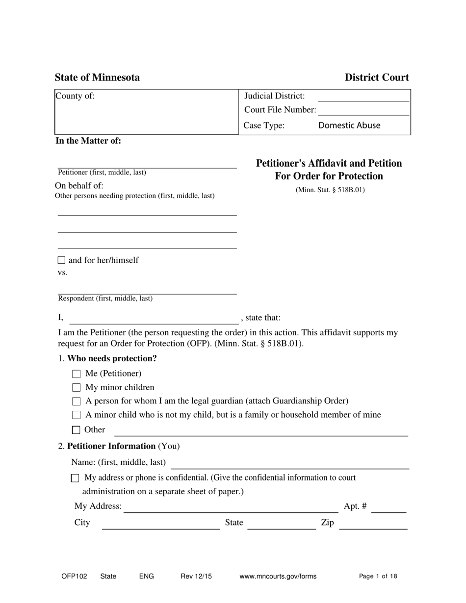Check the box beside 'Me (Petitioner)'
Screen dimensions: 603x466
click(x=76, y=374)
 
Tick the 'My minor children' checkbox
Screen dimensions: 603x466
click(x=76, y=388)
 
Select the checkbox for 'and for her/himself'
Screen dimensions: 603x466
click(x=61, y=260)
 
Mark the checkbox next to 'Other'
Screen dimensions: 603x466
click(x=76, y=430)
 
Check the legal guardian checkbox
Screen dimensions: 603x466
click(x=76, y=402)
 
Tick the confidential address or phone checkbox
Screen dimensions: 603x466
click(x=75, y=477)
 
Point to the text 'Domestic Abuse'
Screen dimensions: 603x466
click(x=349, y=126)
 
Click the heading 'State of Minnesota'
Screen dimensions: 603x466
click(x=97, y=77)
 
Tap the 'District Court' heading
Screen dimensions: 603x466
click(x=376, y=77)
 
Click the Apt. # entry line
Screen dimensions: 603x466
click(x=389, y=508)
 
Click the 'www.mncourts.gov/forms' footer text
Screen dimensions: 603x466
click(x=278, y=577)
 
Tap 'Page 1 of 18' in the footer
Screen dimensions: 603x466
click(x=378, y=577)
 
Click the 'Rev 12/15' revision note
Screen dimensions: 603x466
click(x=196, y=577)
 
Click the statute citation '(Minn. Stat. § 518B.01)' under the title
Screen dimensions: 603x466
click(x=330, y=190)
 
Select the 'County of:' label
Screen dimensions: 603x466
click(x=75, y=96)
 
